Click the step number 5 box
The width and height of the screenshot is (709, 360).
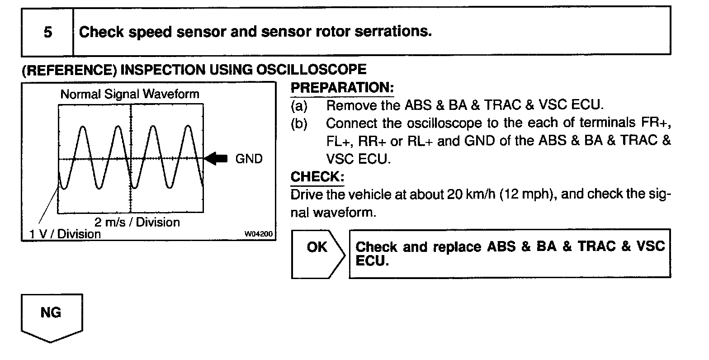47,32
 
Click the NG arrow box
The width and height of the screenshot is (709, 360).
52,317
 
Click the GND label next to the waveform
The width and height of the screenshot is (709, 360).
249,159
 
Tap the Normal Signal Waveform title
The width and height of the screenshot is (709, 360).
130,94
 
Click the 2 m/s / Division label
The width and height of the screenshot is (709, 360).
137,222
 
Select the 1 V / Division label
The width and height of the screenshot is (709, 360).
65,234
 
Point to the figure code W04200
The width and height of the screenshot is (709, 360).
259,234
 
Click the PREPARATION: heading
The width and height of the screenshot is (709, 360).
342,88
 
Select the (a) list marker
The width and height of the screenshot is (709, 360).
298,106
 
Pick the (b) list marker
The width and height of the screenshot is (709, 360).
298,123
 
